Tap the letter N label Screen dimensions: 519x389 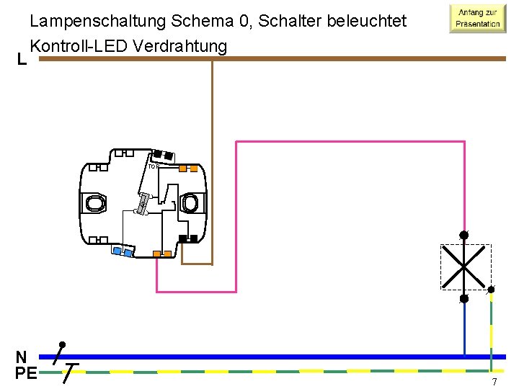[22, 357]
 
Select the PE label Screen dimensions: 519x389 [25, 373]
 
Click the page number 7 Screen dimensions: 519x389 [494, 382]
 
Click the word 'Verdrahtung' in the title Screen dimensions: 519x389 [184, 46]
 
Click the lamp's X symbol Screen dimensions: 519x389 [465, 267]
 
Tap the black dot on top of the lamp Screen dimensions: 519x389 [464, 235]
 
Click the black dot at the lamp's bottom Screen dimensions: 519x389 [464, 298]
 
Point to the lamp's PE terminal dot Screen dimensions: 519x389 [491, 290]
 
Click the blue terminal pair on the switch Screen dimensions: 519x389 [123, 251]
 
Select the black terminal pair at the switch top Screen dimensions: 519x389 [162, 154]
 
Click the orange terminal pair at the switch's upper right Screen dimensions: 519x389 [188, 169]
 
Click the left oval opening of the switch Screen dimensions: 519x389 [96, 203]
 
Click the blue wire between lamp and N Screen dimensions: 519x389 [464, 328]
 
